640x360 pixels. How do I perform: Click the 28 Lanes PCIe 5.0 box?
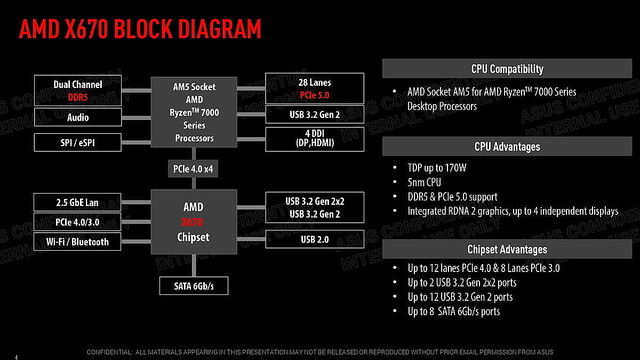(x=309, y=87)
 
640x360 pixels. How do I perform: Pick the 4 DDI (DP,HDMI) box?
(x=309, y=138)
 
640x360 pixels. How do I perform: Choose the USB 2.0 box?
(x=309, y=241)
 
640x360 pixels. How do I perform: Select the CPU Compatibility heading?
(x=508, y=69)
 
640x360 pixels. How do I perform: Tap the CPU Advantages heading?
(x=508, y=146)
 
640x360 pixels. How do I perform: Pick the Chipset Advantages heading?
(x=508, y=249)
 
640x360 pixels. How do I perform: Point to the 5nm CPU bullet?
(x=431, y=183)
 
